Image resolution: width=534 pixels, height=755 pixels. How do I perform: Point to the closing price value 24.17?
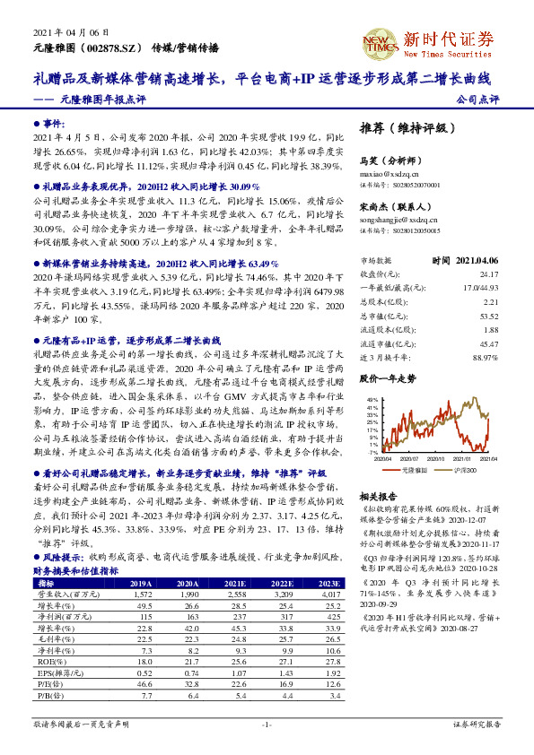(x=488, y=273)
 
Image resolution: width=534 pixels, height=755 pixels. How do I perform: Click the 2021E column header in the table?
(x=236, y=583)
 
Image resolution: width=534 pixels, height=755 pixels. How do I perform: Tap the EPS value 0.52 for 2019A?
(x=140, y=672)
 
